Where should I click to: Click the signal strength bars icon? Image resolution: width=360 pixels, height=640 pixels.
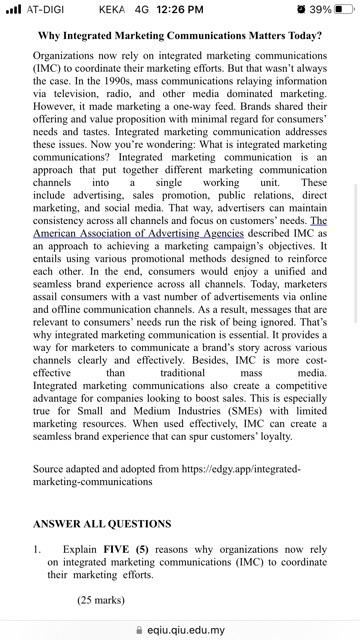13,9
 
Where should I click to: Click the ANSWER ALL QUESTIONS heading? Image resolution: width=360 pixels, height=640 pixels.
102,524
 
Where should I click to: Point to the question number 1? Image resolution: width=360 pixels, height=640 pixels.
37,549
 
